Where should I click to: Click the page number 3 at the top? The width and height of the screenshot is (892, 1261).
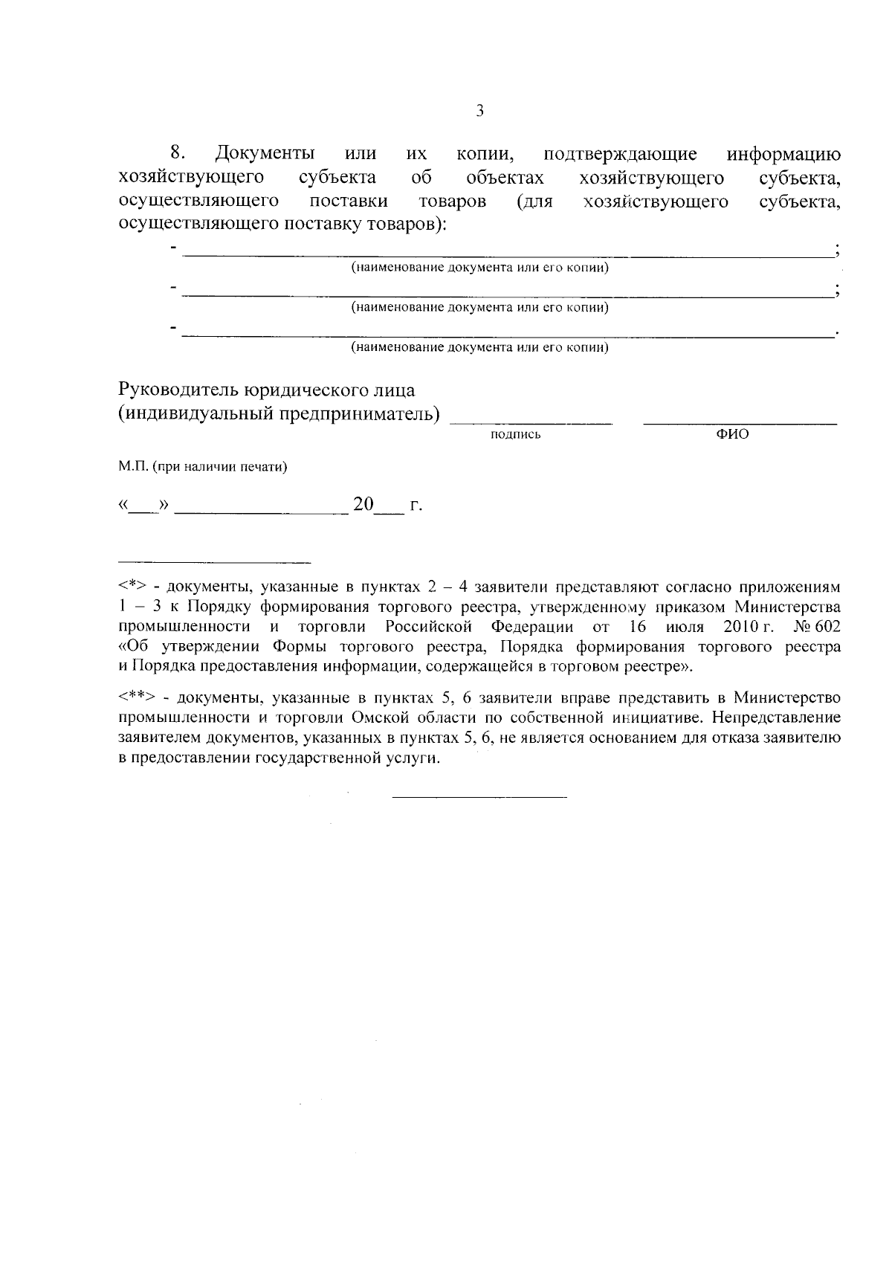click(x=479, y=112)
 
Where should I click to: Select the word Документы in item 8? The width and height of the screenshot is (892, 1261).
click(x=265, y=155)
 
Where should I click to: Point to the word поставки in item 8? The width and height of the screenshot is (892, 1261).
click(x=349, y=201)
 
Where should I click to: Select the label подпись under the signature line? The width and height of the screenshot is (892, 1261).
click(x=516, y=434)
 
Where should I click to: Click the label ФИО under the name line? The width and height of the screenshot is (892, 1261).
click(x=732, y=434)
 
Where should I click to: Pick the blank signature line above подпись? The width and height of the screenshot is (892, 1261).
click(x=531, y=423)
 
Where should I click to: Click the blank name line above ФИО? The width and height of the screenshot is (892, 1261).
click(x=740, y=423)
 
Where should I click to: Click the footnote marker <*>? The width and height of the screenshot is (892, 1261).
click(x=132, y=587)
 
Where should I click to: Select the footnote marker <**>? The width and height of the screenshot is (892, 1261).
click(x=136, y=698)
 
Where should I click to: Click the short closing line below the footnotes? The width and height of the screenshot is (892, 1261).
click(x=479, y=798)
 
